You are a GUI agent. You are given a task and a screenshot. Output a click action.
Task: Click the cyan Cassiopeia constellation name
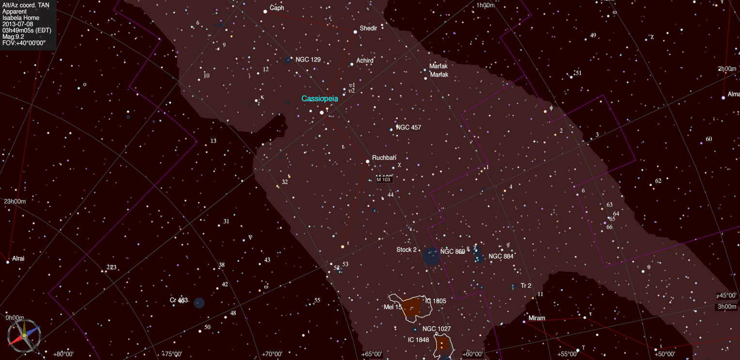click(x=320, y=98)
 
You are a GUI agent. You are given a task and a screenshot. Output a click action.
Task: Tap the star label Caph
click(x=277, y=8)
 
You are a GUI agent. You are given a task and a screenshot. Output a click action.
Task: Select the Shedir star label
click(x=368, y=28)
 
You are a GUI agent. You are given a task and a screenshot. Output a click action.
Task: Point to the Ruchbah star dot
click(x=368, y=161)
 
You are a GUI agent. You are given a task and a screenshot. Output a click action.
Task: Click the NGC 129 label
click(x=308, y=60)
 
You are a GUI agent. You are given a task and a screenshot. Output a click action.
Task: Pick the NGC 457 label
click(x=408, y=127)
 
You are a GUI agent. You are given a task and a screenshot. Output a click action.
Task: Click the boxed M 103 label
click(x=383, y=180)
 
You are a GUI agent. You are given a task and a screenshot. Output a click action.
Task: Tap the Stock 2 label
click(x=406, y=250)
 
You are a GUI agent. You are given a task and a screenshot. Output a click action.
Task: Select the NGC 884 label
click(x=501, y=256)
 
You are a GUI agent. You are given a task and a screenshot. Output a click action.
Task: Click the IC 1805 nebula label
click(x=436, y=301)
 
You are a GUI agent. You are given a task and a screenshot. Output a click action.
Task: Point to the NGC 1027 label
click(x=436, y=329)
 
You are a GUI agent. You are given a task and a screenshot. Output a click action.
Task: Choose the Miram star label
click(x=537, y=318)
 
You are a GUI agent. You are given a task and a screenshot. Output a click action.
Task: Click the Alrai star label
click(x=18, y=259)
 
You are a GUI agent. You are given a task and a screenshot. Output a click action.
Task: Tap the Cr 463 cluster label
click(x=179, y=300)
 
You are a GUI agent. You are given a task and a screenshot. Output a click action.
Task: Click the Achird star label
click(x=365, y=61)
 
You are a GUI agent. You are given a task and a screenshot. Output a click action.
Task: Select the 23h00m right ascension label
click(x=15, y=202)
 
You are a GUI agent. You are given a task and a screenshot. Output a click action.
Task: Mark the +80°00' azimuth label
click(x=63, y=354)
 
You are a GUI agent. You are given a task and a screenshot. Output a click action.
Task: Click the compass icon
click(x=24, y=335)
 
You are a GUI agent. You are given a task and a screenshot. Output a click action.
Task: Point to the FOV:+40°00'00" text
click(x=24, y=43)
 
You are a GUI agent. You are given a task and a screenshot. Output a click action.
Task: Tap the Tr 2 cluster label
click(x=526, y=286)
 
